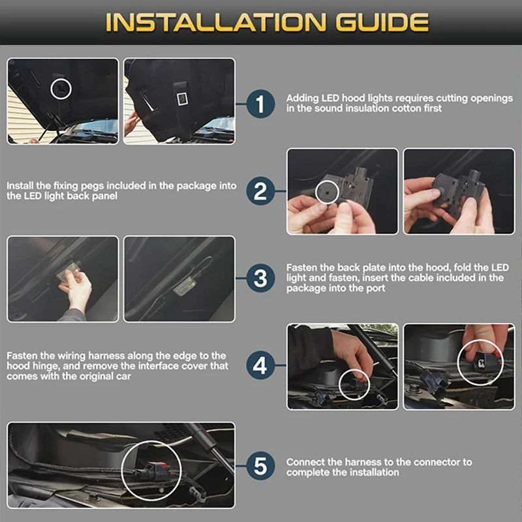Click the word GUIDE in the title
(x=382, y=23)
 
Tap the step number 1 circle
(x=260, y=104)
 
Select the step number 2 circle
(x=260, y=191)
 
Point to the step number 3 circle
(x=260, y=279)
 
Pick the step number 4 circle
(x=260, y=365)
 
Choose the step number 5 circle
(x=260, y=466)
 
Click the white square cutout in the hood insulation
(x=182, y=99)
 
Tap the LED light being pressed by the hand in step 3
(x=69, y=275)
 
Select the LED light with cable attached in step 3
(x=184, y=286)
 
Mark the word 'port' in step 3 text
(x=375, y=288)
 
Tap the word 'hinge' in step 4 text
(x=49, y=366)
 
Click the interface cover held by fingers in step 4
(x=483, y=361)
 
